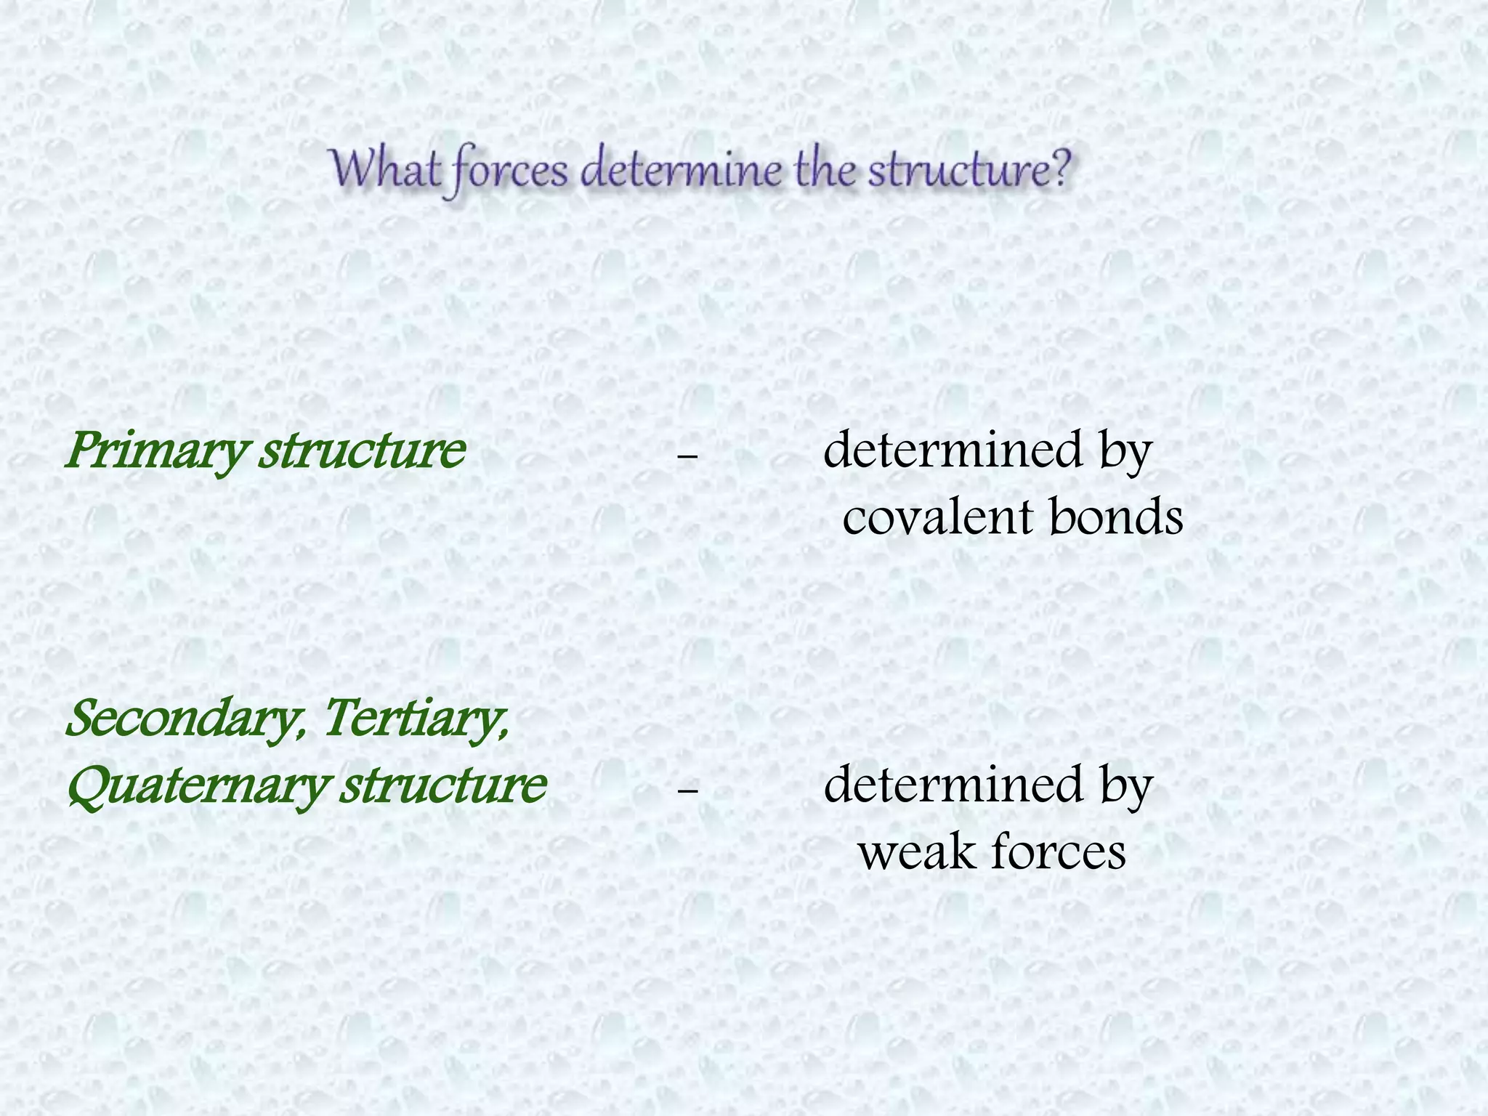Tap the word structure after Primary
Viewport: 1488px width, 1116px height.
tap(362, 450)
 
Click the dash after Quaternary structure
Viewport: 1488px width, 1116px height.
tap(687, 790)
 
